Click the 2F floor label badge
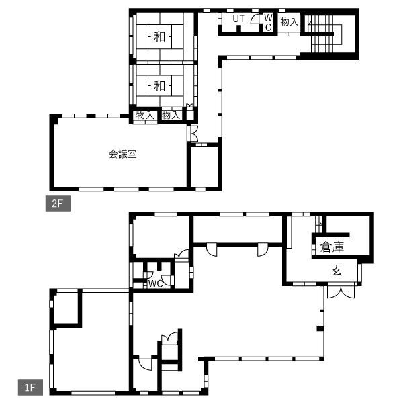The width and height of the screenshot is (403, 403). (x=58, y=204)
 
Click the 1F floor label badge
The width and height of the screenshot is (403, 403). (x=30, y=388)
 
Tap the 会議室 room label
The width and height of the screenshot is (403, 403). (x=122, y=154)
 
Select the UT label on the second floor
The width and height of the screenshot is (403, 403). (x=238, y=19)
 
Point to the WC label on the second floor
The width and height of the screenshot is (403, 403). (x=268, y=23)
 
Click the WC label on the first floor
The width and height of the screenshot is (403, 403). (x=156, y=283)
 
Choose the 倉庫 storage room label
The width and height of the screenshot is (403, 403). (x=332, y=247)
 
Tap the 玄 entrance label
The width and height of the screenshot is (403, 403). (x=337, y=271)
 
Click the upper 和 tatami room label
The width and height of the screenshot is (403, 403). (x=160, y=36)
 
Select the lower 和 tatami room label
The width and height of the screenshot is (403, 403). (x=160, y=85)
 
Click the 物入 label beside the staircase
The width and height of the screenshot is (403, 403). (x=289, y=21)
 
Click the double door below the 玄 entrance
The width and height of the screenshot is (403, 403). (x=341, y=292)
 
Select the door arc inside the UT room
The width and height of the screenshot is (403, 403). (x=255, y=19)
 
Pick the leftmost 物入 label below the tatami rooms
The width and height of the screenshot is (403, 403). (x=145, y=115)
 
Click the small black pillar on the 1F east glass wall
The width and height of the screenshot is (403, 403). (x=320, y=328)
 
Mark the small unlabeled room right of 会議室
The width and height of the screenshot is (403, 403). (x=204, y=167)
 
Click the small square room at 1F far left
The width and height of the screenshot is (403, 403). (x=66, y=308)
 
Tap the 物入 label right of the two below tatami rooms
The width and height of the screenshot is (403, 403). (x=171, y=115)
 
